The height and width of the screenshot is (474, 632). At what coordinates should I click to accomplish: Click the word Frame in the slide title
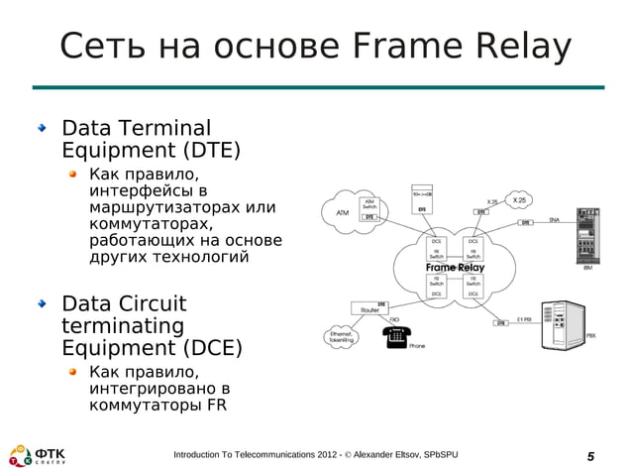tap(403, 47)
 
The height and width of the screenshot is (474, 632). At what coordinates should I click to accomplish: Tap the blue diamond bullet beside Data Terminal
tap(42, 129)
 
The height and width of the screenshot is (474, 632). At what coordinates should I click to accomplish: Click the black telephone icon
tap(395, 336)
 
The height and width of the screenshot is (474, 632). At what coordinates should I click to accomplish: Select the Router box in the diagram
tap(370, 308)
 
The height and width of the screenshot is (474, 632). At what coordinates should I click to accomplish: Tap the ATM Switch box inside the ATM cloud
tap(369, 204)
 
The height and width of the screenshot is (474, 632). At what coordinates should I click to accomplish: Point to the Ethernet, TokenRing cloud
tap(343, 337)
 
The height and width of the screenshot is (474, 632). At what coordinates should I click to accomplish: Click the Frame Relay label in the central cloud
tap(455, 268)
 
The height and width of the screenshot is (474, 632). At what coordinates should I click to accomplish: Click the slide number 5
tap(590, 455)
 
